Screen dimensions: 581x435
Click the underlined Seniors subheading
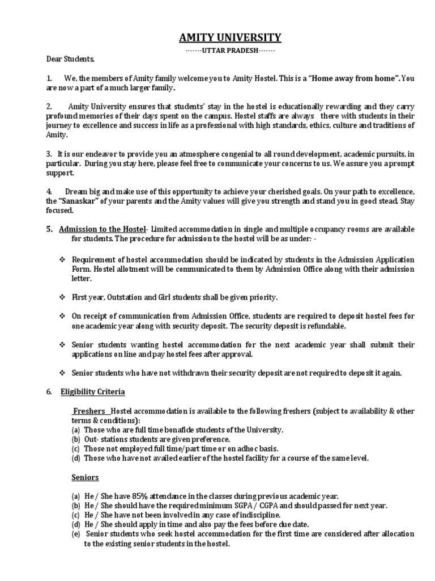point(85,477)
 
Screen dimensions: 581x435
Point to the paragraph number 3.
point(49,154)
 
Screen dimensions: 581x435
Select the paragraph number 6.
point(49,391)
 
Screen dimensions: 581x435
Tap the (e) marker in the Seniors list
point(76,534)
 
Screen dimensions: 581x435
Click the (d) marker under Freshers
point(76,458)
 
